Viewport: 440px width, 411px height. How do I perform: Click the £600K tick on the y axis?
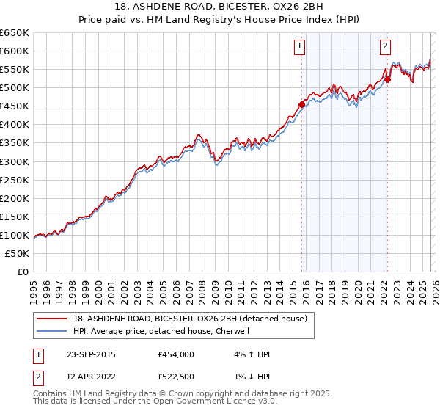tap(15, 51)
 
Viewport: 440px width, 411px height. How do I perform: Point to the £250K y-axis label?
tap(15, 180)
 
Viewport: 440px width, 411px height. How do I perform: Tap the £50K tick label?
tap(18, 253)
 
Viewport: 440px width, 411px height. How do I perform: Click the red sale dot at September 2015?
tap(301, 104)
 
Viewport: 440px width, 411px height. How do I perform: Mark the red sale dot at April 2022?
tap(387, 79)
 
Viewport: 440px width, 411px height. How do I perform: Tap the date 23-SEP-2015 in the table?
tap(90, 354)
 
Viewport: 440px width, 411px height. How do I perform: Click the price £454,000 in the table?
tap(175, 354)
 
